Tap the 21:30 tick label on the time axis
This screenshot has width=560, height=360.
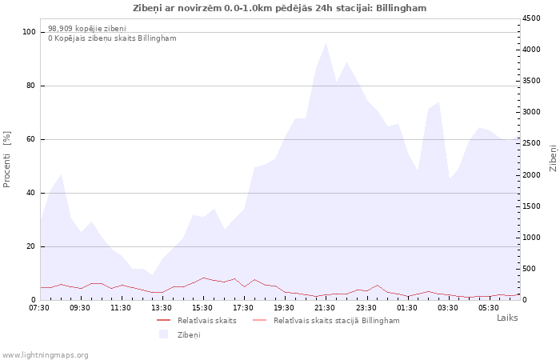click(x=325, y=308)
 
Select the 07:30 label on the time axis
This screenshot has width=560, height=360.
click(x=39, y=308)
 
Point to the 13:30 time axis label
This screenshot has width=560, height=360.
click(x=162, y=308)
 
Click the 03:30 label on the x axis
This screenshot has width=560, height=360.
click(x=448, y=308)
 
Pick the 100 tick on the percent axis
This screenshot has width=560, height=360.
click(x=29, y=32)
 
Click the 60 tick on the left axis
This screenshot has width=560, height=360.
click(x=30, y=139)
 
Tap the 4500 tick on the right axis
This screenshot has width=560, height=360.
click(x=531, y=18)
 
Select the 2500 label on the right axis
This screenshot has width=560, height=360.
click(x=531, y=143)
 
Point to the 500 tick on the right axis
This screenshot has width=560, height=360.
click(x=530, y=269)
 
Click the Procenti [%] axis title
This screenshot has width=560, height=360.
click(x=6, y=159)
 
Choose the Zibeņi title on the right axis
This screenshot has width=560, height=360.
click(x=554, y=158)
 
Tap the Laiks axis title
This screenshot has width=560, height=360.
click(x=507, y=318)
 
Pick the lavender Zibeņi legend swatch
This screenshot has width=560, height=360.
click(x=163, y=334)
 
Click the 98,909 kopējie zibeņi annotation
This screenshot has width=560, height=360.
click(x=87, y=29)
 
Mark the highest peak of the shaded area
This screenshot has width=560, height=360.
click(x=326, y=43)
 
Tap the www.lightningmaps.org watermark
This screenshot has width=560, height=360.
click(x=45, y=355)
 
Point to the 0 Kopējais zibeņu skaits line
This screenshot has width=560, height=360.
click(x=112, y=38)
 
